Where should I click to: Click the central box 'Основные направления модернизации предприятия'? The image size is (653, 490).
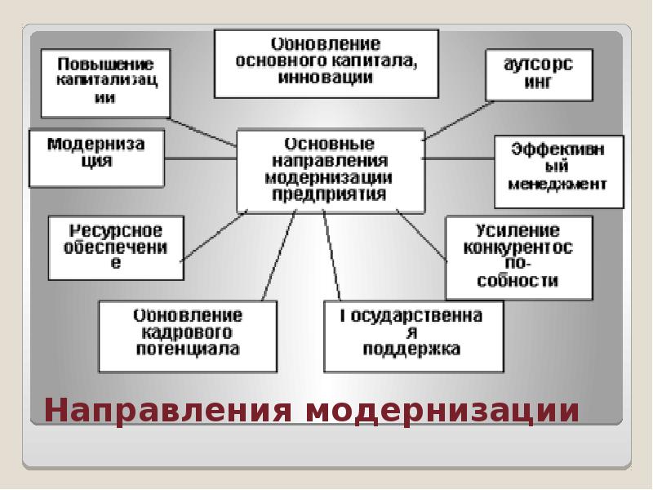point(330,170)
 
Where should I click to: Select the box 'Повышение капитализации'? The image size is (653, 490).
point(106,81)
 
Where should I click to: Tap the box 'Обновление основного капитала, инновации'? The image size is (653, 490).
point(326,62)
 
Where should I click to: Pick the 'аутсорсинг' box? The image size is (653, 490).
point(539,75)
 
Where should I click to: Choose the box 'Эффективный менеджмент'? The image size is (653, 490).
point(558,171)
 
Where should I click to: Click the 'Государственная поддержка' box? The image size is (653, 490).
point(412,335)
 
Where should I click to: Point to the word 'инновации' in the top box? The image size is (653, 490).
point(326,78)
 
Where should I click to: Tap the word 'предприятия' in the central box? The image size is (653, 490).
point(330,195)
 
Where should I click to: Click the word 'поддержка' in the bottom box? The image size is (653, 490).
point(412,350)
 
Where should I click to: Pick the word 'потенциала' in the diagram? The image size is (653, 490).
point(189,350)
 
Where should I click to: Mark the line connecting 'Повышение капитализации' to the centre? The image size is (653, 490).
point(204,131)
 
